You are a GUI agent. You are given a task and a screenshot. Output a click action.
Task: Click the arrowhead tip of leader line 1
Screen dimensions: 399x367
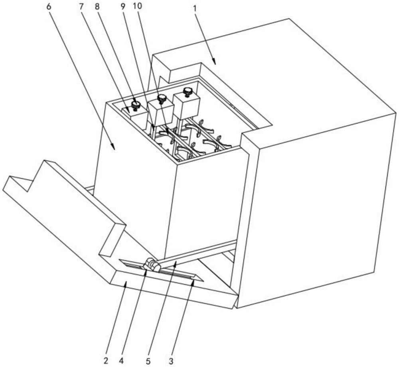215,64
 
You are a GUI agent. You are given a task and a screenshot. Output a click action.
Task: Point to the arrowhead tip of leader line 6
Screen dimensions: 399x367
114,150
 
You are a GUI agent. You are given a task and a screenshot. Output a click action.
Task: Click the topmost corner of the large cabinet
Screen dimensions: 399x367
289,19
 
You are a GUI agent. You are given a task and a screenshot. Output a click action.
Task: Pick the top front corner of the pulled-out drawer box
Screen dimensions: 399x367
177,165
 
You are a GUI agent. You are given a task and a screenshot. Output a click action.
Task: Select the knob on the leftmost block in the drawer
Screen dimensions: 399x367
136,105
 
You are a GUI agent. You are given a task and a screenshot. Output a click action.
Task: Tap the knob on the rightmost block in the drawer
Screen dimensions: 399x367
188,92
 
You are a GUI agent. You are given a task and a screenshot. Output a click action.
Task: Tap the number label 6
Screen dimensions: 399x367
49,7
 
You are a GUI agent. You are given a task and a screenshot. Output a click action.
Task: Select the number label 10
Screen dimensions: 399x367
137,6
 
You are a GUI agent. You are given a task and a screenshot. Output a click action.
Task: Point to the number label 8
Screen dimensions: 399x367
97,7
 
